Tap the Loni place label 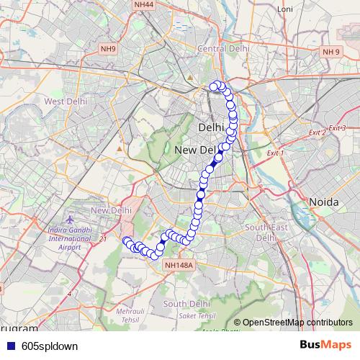pos(286,9)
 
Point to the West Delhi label pos(66,102)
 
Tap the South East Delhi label pos(261,232)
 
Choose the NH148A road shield pos(179,266)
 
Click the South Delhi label pos(186,304)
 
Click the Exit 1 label pos(275,153)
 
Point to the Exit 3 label pos(337,128)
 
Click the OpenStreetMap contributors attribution pos(297,323)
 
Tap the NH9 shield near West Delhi pos(108,49)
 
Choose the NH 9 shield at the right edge pos(330,52)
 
